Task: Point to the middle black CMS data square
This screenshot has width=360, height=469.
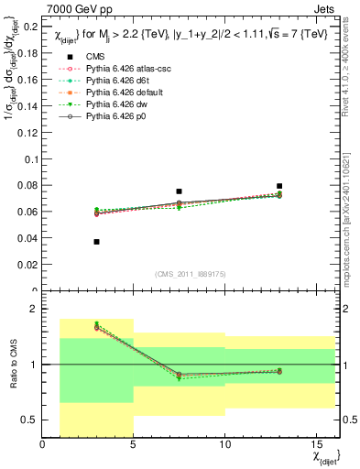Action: click(180, 191)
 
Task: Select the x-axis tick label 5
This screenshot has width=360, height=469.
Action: click(134, 444)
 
